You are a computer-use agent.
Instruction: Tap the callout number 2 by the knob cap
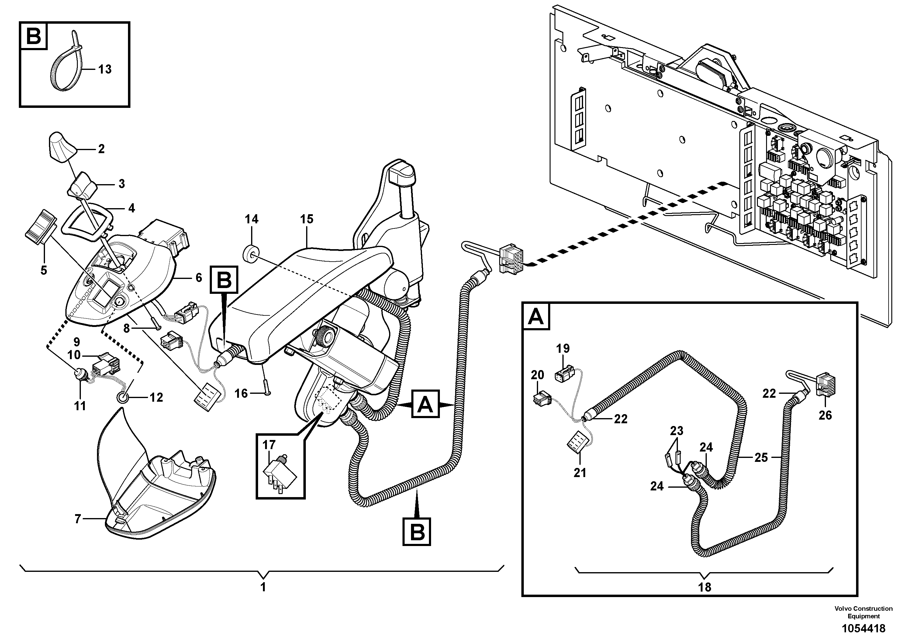pyautogui.click(x=101, y=149)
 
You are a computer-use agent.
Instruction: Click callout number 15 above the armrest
pyautogui.click(x=307, y=219)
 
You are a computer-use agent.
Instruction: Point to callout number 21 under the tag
pyautogui.click(x=580, y=472)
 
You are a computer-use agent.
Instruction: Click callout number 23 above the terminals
pyautogui.click(x=676, y=431)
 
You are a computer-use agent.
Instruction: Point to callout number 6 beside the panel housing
pyautogui.click(x=199, y=278)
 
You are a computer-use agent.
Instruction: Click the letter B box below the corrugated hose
pyautogui.click(x=417, y=532)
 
